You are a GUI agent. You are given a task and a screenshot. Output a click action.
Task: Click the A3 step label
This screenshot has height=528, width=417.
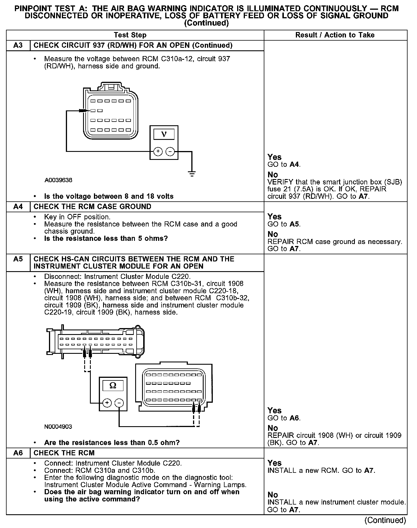point(18,45)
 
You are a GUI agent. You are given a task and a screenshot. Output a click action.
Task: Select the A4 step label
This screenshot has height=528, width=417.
point(18,207)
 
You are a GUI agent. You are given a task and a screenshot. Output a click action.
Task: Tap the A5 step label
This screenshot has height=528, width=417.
point(18,259)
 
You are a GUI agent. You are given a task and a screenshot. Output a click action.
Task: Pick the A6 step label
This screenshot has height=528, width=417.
point(18,453)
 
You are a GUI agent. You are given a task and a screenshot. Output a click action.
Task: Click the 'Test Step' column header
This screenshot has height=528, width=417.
point(130,35)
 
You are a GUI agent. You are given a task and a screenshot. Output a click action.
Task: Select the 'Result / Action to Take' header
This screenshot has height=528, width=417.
point(335,35)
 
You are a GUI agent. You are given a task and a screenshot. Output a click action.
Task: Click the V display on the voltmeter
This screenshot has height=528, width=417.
point(164,134)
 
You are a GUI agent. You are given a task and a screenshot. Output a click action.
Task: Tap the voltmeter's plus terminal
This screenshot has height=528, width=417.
point(158,151)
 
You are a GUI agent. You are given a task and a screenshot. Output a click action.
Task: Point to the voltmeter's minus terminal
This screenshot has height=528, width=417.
point(170,151)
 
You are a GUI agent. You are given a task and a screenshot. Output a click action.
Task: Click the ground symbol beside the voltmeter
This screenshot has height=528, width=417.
point(192,173)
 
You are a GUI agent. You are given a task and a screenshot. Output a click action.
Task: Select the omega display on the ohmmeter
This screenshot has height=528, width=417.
point(113,386)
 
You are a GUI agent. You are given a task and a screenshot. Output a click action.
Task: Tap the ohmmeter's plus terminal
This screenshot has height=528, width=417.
point(107,403)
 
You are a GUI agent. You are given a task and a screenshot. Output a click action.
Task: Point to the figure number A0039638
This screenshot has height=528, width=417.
point(58,180)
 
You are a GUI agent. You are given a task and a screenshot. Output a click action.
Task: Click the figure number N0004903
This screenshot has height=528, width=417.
point(58,426)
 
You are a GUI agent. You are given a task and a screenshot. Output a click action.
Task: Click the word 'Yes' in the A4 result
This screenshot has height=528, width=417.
point(274,217)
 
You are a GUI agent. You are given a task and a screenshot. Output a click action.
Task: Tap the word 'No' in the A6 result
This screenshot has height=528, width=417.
point(273,495)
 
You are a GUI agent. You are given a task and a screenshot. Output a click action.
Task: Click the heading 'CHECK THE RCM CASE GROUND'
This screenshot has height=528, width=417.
point(92,207)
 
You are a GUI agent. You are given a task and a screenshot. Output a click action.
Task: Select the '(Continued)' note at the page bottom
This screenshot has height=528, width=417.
point(385,520)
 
